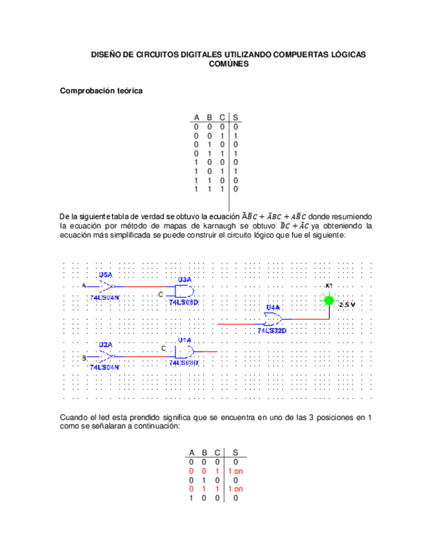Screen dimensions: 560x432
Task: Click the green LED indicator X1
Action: point(328,300)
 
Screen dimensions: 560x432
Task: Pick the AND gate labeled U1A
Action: point(185,351)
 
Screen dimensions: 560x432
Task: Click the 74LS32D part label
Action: point(272,330)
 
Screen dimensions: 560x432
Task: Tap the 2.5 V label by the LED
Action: point(347,304)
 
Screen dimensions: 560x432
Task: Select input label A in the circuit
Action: point(84,285)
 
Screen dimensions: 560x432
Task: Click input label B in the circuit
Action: point(84,357)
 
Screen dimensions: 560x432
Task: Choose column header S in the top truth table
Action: point(236,117)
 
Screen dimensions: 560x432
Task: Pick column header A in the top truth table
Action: point(196,117)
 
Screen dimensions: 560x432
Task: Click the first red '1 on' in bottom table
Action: point(235,472)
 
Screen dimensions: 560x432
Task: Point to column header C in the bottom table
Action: point(216,453)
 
